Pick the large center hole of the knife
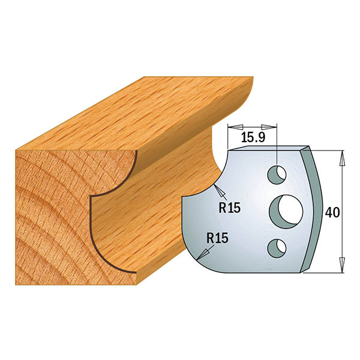[285, 210]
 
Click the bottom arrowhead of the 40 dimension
[342, 264]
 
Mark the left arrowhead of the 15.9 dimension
[232, 127]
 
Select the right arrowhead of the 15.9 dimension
[275, 127]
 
